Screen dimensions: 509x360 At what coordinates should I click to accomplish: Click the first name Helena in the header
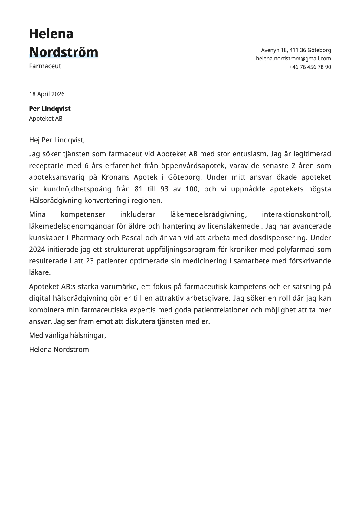51,34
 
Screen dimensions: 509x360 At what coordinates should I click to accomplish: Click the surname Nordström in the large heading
64,52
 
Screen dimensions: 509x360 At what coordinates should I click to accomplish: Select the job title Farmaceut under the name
45,66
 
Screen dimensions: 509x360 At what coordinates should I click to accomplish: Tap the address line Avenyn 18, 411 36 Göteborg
296,50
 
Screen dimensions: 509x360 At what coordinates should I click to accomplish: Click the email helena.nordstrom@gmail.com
293,59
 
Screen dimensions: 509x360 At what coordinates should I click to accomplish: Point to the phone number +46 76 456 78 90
310,67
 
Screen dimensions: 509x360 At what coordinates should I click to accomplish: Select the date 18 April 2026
47,94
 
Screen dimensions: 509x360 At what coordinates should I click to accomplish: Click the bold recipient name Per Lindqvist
50,109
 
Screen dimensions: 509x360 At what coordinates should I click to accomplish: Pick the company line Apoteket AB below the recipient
46,119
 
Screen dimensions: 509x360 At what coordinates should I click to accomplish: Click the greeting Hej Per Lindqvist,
57,140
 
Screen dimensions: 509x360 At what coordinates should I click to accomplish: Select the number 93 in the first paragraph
165,189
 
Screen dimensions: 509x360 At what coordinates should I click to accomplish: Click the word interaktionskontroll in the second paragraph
296,214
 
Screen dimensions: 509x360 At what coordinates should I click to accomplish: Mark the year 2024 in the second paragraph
37,250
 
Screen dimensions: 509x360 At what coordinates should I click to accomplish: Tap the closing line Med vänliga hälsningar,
67,335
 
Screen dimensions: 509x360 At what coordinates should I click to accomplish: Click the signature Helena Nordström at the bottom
59,350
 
